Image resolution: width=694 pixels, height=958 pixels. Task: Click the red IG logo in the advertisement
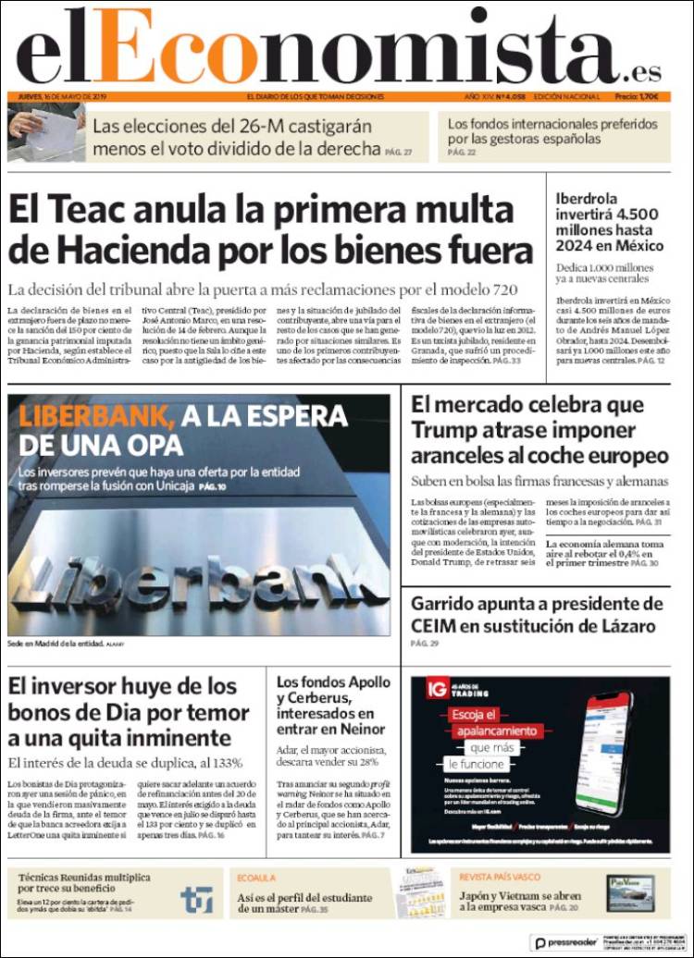(x=438, y=688)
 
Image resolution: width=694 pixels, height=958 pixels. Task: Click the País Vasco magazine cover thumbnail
(x=629, y=893)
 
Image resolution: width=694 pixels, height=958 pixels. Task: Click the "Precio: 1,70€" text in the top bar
(x=637, y=96)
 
